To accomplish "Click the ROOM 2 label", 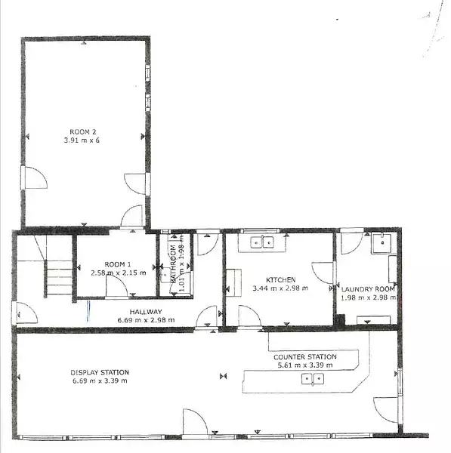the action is pyautogui.click(x=83, y=132).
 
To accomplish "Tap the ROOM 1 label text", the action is pyautogui.click(x=118, y=264).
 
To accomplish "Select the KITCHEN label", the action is pyautogui.click(x=281, y=279).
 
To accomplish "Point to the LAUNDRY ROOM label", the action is pyautogui.click(x=368, y=289).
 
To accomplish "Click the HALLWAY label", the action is pyautogui.click(x=146, y=312).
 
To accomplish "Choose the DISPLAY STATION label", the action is pyautogui.click(x=100, y=372).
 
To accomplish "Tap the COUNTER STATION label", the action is pyautogui.click(x=305, y=357).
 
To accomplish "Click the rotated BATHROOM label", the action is pyautogui.click(x=173, y=263).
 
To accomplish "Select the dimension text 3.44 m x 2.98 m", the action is pyautogui.click(x=280, y=288).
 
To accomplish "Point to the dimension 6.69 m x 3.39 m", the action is pyautogui.click(x=100, y=381).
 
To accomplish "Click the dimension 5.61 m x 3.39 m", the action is pyautogui.click(x=305, y=365).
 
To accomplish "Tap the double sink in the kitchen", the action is pyautogui.click(x=262, y=242).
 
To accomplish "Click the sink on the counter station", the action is pyautogui.click(x=313, y=379).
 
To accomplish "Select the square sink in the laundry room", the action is pyautogui.click(x=381, y=244).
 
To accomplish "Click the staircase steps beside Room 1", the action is pyautogui.click(x=59, y=277).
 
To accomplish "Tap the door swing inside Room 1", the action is pyautogui.click(x=117, y=285).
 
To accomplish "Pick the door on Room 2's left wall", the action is pyautogui.click(x=34, y=177).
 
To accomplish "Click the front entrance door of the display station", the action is pyautogui.click(x=195, y=421).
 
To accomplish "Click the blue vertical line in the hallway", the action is pyautogui.click(x=88, y=311).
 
